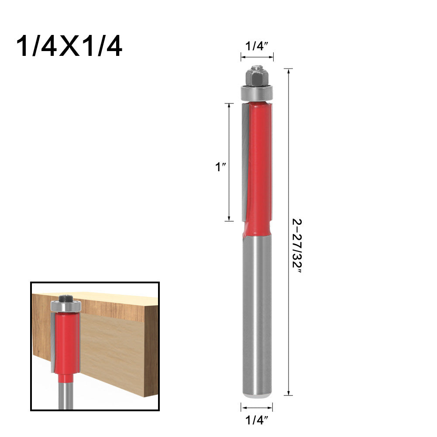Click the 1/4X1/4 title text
point(69,47)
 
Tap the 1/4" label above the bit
point(258,46)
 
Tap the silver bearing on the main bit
point(258,93)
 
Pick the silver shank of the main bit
point(258,314)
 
